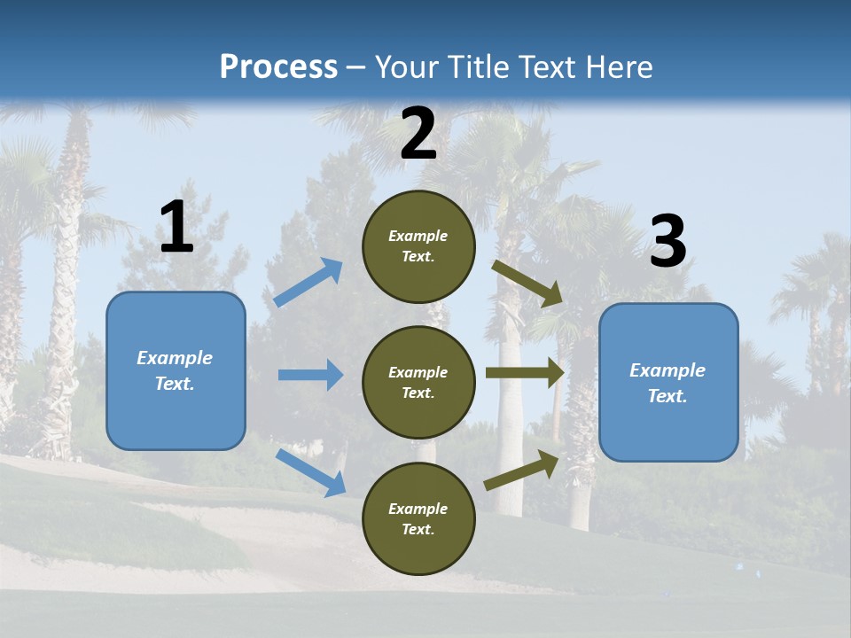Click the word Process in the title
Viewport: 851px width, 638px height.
[x=278, y=67]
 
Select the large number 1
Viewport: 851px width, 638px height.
[x=176, y=228]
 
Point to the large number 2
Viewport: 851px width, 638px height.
[x=418, y=134]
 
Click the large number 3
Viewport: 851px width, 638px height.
[x=668, y=242]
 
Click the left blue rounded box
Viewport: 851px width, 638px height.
[x=176, y=370]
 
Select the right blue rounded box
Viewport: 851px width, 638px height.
[x=668, y=383]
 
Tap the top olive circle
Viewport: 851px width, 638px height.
[x=418, y=246]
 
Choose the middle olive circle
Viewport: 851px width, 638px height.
[x=418, y=383]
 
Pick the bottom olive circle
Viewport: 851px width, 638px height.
[x=418, y=518]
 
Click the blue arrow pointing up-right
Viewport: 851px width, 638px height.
[x=308, y=283]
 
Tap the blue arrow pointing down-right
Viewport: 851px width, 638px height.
[x=311, y=472]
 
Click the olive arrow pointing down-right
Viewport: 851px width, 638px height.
[x=527, y=283]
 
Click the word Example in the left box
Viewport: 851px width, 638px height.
[x=175, y=358]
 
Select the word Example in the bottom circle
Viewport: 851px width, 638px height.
[x=418, y=509]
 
